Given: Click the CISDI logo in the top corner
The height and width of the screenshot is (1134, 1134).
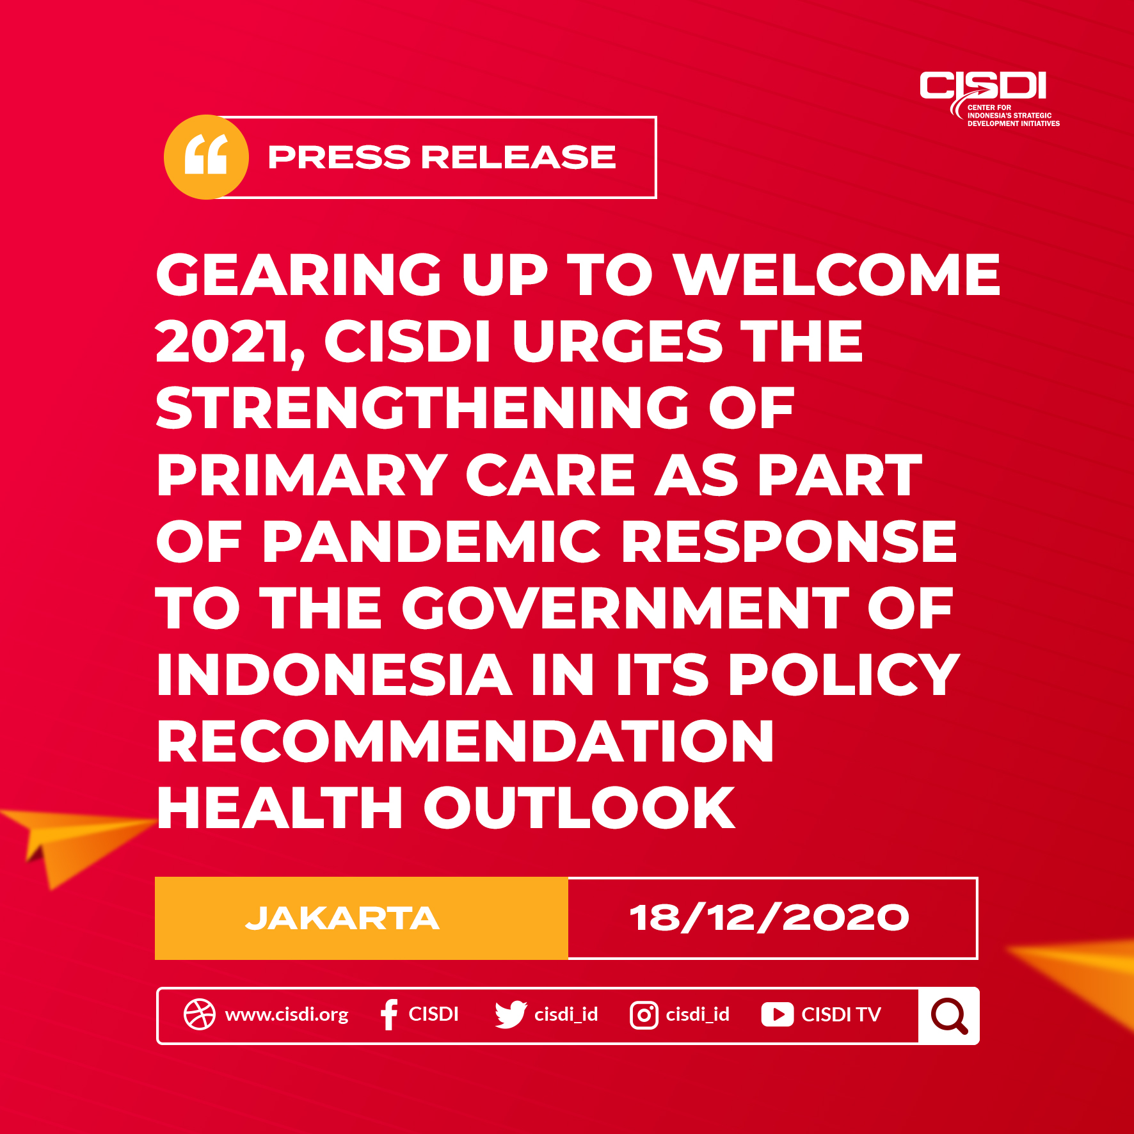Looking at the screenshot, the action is (x=989, y=99).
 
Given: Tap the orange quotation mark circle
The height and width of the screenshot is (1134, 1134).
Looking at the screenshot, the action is (x=206, y=157).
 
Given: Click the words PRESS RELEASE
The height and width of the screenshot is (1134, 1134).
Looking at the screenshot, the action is (x=442, y=157).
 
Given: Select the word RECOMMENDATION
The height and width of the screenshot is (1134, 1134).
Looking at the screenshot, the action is (x=465, y=741).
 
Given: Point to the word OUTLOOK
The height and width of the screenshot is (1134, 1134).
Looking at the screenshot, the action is (x=579, y=808).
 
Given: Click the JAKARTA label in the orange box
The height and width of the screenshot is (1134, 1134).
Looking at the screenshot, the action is (x=342, y=918).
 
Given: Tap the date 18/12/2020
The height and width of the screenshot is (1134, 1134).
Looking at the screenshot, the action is (x=769, y=918).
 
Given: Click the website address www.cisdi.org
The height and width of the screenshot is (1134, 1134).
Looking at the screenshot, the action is (x=287, y=1014).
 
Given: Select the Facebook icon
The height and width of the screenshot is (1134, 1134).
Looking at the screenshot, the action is (x=388, y=1014).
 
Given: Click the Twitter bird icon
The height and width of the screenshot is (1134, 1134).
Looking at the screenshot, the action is (x=511, y=1015).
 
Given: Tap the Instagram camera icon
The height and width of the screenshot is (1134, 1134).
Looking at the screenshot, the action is (x=644, y=1015).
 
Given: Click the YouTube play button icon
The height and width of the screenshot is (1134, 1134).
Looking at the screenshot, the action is (x=778, y=1015).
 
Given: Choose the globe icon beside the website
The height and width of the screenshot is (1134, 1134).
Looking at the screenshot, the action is (x=200, y=1014).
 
